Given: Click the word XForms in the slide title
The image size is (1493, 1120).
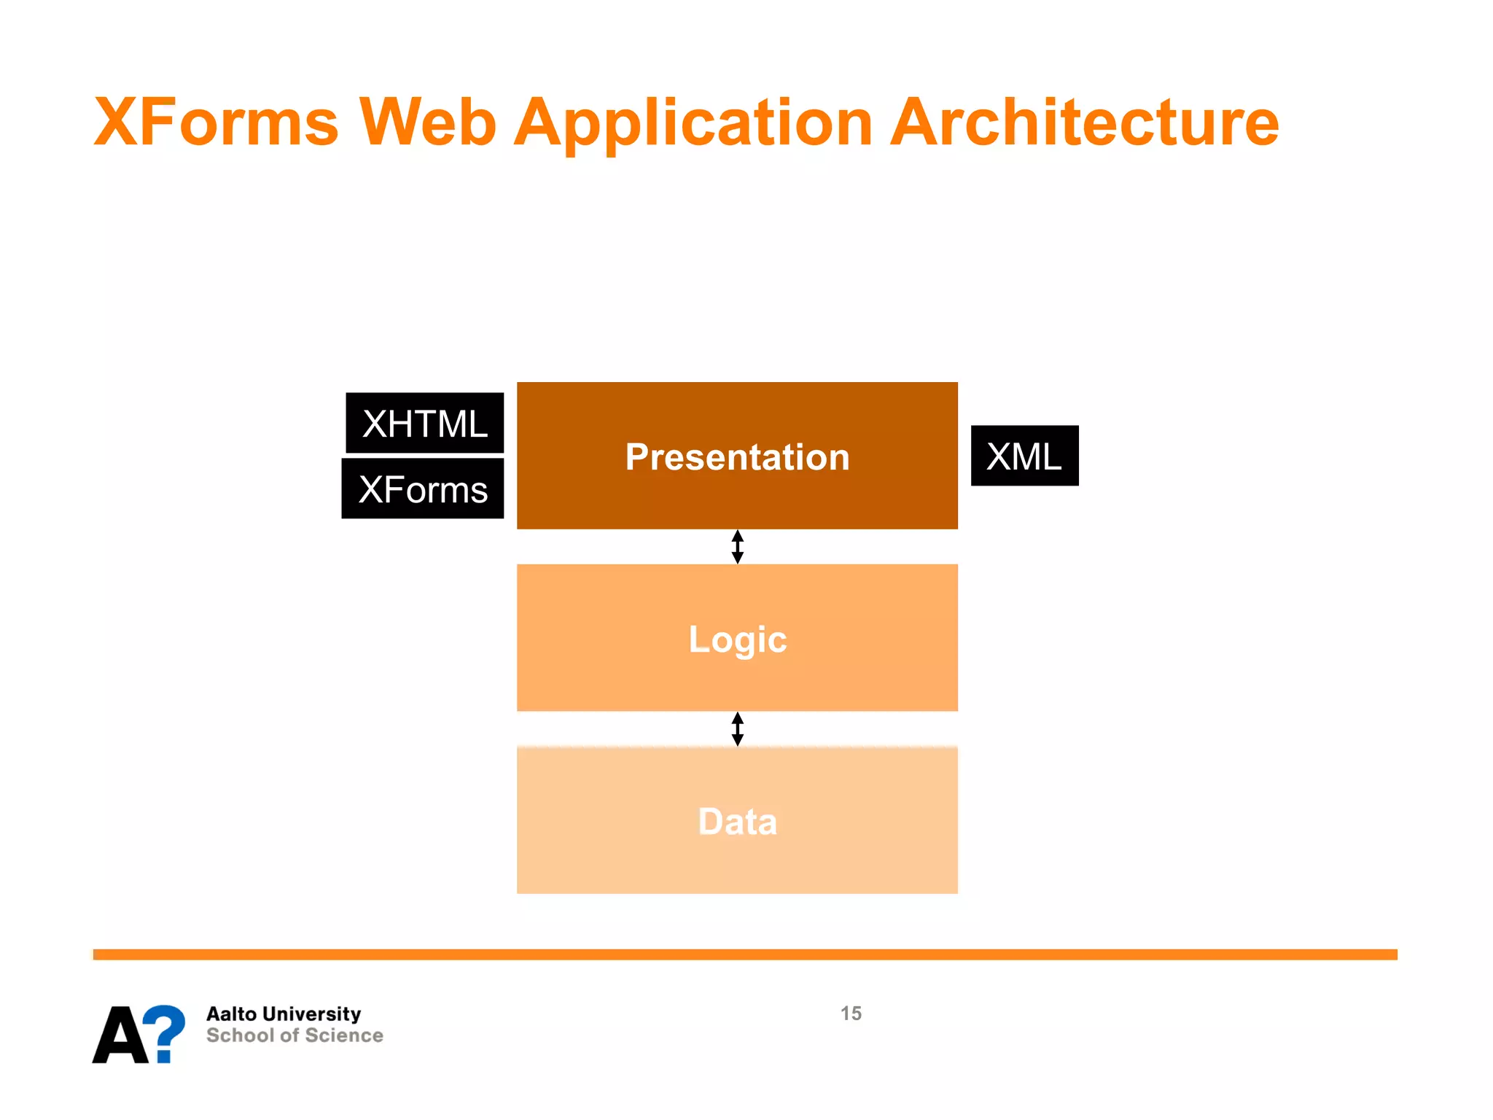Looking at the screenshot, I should pos(217,122).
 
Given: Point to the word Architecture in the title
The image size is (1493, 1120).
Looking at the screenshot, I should pos(1084,122).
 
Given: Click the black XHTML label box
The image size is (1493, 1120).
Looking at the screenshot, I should pos(424,424).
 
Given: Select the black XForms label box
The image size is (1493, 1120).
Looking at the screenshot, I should pos(423,489).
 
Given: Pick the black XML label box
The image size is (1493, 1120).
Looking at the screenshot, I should pos(1024,456).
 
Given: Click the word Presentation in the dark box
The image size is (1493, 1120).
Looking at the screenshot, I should pos(737,457).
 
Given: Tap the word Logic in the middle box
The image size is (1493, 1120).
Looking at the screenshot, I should pos(737,639).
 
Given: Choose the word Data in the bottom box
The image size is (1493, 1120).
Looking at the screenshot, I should pos(737,822).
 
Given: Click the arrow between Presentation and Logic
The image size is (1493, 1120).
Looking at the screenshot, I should pos(737,547).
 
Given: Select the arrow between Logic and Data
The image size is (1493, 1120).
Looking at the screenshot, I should pos(737,729).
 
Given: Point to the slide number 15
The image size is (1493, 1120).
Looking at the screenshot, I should pos(851,1014).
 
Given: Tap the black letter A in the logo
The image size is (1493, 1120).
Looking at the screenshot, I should pos(120,1035).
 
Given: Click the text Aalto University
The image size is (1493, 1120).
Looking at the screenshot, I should pos(284,1014).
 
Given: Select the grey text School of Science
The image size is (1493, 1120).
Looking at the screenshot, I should pos(295,1035).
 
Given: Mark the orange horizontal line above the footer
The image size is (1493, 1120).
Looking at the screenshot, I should pos(745,954).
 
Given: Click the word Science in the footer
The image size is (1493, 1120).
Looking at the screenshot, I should pos(344,1035).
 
